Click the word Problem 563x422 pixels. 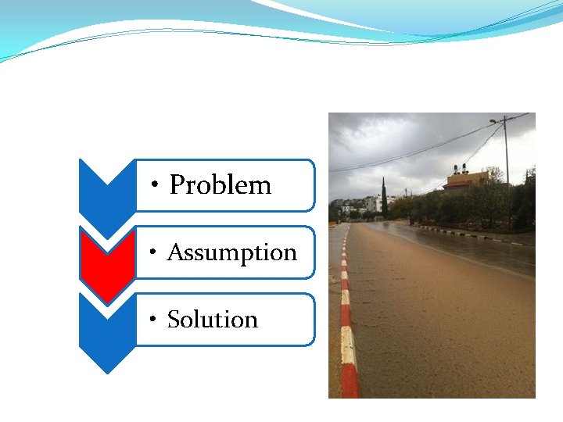[x=221, y=185]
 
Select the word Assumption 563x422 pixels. [x=232, y=252]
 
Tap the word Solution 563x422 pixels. [x=213, y=320]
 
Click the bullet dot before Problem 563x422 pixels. [x=157, y=185]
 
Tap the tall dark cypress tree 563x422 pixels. [x=384, y=199]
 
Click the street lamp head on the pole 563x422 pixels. [x=493, y=121]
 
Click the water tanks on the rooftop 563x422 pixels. [x=460, y=168]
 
